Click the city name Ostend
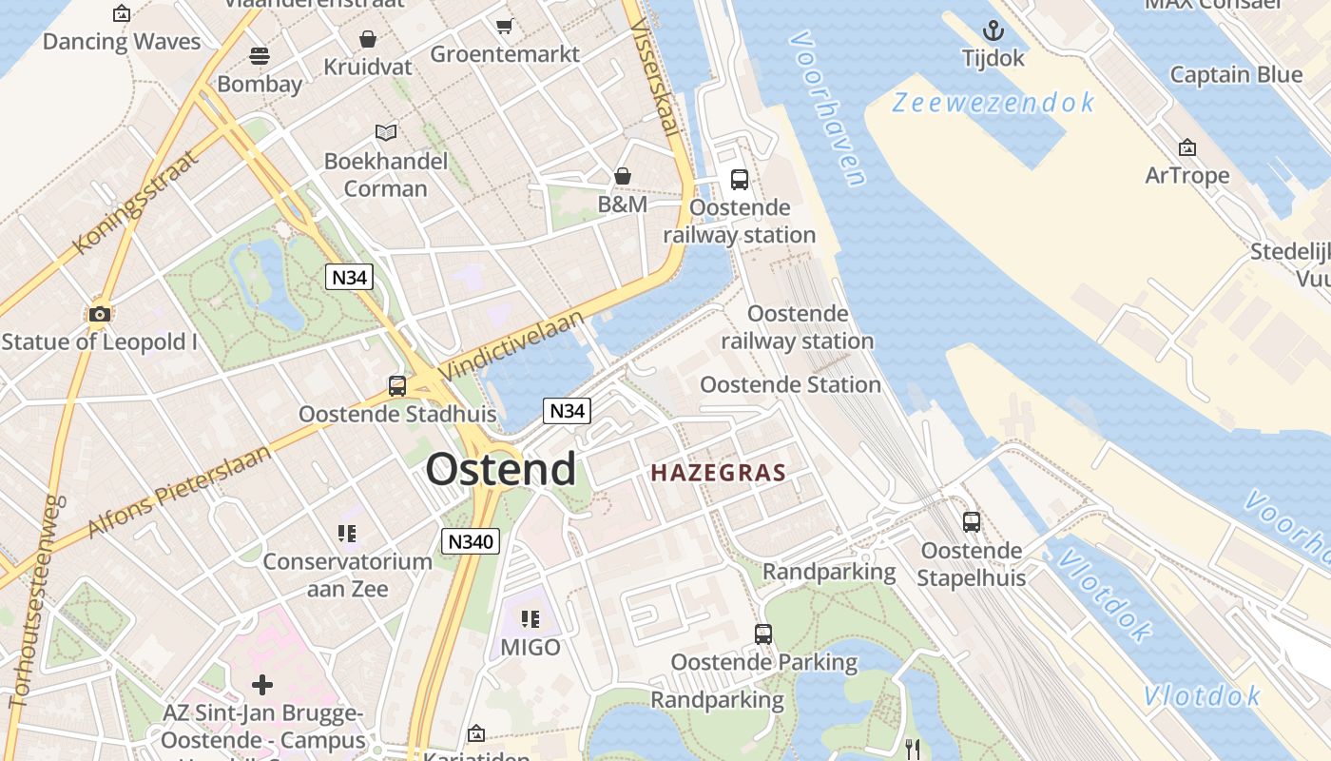click(x=500, y=469)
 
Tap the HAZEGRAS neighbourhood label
click(x=719, y=473)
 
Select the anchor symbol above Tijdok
click(x=993, y=31)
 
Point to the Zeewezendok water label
click(x=993, y=103)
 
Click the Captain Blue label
click(x=1236, y=74)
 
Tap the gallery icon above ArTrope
click(x=1186, y=147)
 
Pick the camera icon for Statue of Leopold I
click(x=99, y=314)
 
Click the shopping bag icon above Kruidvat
click(x=368, y=39)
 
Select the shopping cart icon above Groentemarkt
click(x=505, y=26)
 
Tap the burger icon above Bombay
click(x=260, y=56)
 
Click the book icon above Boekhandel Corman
click(x=385, y=132)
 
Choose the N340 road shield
click(x=471, y=541)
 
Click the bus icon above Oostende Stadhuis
click(x=397, y=386)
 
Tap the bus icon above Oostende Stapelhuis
click(x=971, y=522)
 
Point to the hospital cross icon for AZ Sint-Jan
click(x=262, y=685)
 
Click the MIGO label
click(x=530, y=647)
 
